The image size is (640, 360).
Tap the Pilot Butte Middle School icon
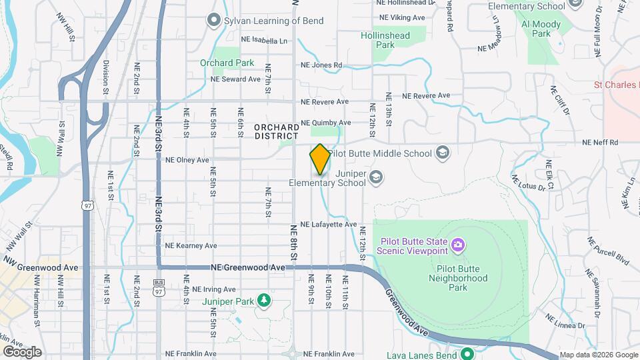coord(441,153)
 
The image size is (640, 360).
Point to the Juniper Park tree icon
coord(264,301)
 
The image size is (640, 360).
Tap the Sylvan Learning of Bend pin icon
coord(213,20)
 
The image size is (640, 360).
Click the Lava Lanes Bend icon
coord(467,354)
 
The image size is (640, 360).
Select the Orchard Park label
coord(227,63)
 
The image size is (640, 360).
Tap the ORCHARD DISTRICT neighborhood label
coord(276,131)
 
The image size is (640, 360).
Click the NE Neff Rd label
coord(600,143)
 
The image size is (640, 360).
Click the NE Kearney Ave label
coord(191,246)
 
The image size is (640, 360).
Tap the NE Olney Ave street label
coord(187,160)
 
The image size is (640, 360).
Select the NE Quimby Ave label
coord(325,123)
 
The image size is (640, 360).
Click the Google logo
coord(22,351)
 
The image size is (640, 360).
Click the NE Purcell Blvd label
coord(599,249)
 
